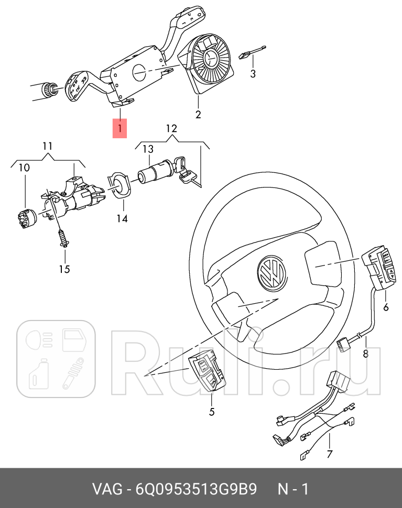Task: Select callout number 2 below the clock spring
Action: [198, 115]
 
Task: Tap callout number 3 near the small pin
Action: [253, 74]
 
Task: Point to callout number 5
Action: [212, 412]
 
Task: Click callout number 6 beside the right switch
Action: [386, 307]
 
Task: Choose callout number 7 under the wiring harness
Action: [329, 454]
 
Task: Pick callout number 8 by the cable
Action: [365, 354]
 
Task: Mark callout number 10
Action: [24, 168]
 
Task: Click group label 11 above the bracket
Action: [48, 146]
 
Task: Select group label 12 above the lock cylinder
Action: [171, 128]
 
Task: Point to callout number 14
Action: [122, 217]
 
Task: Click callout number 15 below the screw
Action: [64, 269]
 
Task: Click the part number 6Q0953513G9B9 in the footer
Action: [197, 490]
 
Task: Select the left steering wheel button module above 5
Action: [208, 372]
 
